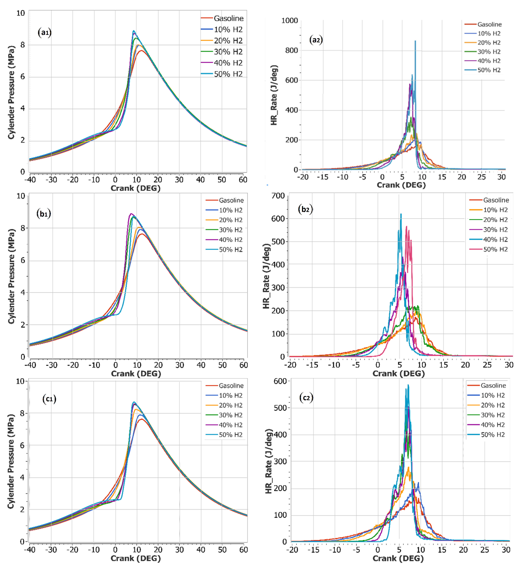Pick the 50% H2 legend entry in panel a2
[x=489, y=70]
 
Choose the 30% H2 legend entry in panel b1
[x=231, y=230]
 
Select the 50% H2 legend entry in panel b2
[x=495, y=249]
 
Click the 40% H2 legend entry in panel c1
[x=231, y=425]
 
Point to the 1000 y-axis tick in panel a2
[x=289, y=21]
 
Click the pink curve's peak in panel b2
[x=406, y=226]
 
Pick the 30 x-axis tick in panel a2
[x=501, y=177]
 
